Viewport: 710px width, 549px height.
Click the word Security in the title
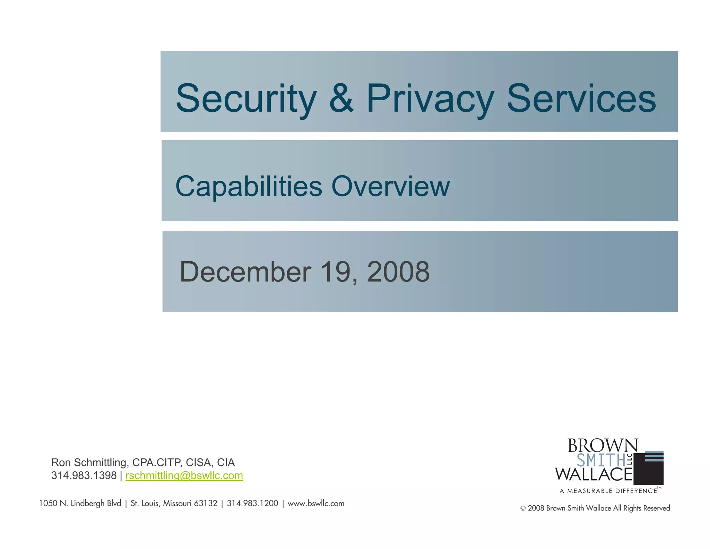coord(246,99)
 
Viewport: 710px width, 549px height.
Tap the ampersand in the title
coord(341,99)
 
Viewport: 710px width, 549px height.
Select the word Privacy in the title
coord(430,99)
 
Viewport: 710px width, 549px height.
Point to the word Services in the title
coord(581,99)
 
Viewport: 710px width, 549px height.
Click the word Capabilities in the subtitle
coord(249,187)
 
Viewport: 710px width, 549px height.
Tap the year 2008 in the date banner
coord(398,272)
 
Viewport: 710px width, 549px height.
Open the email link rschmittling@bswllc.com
coord(184,475)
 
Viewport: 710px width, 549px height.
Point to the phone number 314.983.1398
coord(84,475)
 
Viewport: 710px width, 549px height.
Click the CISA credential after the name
coord(199,463)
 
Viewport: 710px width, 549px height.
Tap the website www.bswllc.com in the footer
coord(316,504)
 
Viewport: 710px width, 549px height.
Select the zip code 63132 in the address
coord(206,504)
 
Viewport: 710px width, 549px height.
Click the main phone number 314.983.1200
coord(252,504)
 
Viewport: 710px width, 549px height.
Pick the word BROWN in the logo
coord(603,446)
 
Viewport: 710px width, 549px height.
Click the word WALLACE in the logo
coord(594,474)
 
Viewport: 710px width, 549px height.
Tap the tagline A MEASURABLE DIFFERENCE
coord(608,491)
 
